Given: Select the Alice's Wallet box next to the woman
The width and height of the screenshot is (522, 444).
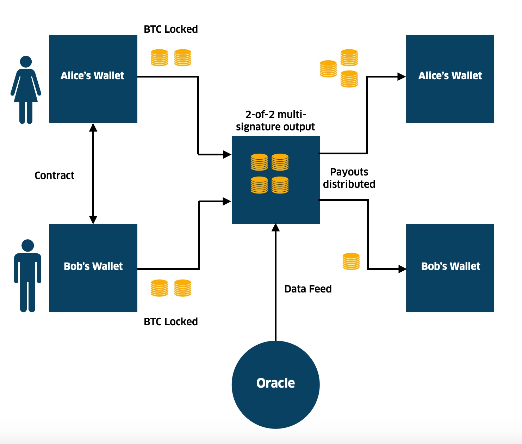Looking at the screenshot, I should [x=93, y=79].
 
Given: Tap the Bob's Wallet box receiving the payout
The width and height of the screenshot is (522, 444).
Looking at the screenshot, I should [x=450, y=268].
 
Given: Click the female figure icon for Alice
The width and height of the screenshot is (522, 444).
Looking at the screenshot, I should [x=26, y=90].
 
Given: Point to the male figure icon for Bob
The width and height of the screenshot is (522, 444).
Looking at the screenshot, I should [x=27, y=276].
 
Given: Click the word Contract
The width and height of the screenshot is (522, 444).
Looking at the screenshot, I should [x=54, y=175].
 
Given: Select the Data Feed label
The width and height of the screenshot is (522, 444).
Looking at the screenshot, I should [x=308, y=289].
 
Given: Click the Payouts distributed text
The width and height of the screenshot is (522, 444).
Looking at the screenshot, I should [x=349, y=178].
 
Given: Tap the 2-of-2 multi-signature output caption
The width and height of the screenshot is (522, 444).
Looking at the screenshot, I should [x=275, y=121].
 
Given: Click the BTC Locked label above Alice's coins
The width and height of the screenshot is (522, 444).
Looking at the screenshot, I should [x=171, y=29].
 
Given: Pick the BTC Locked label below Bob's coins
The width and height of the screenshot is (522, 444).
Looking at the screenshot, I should [x=171, y=322].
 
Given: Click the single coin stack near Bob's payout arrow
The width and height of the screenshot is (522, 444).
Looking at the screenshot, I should [x=351, y=261].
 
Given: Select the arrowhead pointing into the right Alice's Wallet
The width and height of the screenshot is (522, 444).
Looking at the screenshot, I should [x=402, y=76].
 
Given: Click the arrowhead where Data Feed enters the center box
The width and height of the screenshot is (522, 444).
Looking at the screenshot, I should [x=276, y=228].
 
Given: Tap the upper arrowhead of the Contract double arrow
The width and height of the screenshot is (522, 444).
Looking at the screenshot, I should [x=93, y=128].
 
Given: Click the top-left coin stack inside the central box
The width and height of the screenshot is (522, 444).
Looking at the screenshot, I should [x=259, y=162].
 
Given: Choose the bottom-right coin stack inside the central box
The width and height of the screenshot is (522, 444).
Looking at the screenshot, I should [x=280, y=185].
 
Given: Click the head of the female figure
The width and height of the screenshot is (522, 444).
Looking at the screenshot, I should [x=26, y=62].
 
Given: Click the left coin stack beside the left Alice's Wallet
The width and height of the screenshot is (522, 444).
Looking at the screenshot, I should [x=159, y=58].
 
